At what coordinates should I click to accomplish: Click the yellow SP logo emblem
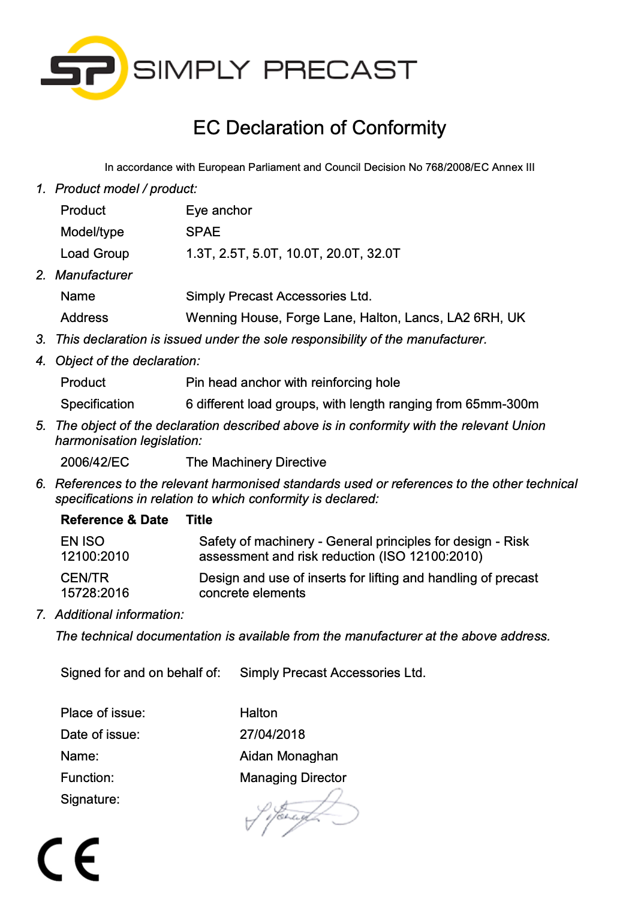tap(84, 68)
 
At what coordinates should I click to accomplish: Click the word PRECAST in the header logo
tap(340, 70)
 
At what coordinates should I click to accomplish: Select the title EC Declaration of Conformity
tap(319, 128)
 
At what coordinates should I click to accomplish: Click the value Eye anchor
tap(219, 211)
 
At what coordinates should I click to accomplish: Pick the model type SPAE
tap(203, 232)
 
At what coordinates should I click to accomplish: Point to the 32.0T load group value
tap(383, 254)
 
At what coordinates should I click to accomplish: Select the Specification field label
tap(97, 404)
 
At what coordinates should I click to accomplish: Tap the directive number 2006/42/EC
tap(95, 462)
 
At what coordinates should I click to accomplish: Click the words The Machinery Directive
tap(256, 462)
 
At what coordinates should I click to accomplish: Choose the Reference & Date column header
tap(114, 520)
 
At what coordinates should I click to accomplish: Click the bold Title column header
tap(199, 520)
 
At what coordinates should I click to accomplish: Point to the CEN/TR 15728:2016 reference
tap(95, 585)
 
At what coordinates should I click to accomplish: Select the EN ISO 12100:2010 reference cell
tap(95, 549)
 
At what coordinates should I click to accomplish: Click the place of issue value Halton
tap(258, 713)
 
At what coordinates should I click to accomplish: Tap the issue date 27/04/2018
tap(272, 735)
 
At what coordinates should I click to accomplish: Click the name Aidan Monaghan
tap(288, 756)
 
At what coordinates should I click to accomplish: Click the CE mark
tap(68, 859)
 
